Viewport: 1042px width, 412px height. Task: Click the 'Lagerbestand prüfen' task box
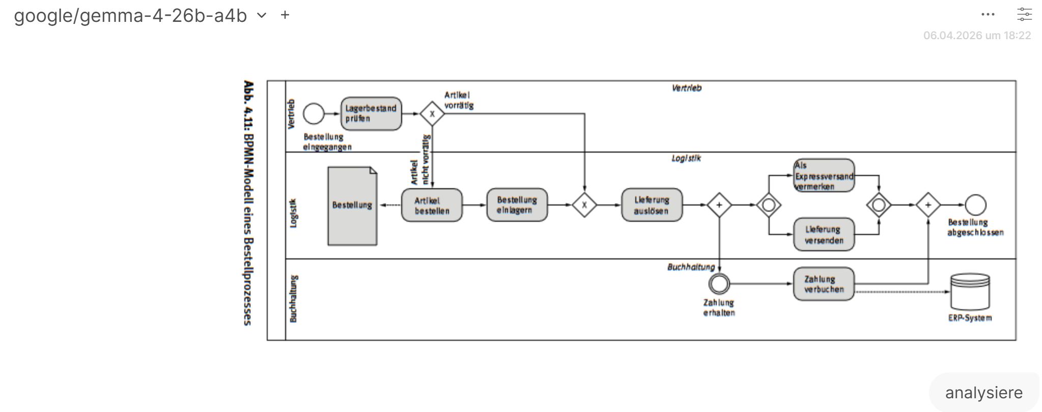tap(371, 113)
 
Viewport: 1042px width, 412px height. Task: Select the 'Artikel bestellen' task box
tap(432, 205)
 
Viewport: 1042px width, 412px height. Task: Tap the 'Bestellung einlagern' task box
tap(517, 205)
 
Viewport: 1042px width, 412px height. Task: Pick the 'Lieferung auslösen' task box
tap(652, 205)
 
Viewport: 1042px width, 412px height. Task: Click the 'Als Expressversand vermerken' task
tap(824, 175)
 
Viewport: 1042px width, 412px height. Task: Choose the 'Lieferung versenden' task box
tap(824, 234)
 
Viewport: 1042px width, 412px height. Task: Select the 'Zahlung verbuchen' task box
tap(824, 284)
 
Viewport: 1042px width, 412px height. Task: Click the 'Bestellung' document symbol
tap(352, 206)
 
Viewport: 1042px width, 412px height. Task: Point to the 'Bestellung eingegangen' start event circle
tap(314, 113)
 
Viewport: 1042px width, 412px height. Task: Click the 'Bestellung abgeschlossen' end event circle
tap(975, 205)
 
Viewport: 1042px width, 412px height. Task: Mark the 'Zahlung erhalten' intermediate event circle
tap(719, 284)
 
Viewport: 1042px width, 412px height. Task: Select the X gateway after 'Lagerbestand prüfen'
tap(432, 113)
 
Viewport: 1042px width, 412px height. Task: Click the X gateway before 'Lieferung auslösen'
tap(584, 205)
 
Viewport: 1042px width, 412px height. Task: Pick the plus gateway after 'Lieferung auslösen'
tap(719, 205)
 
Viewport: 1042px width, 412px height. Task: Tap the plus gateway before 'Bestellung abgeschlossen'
tap(927, 205)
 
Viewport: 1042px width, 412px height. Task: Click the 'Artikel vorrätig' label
tap(459, 100)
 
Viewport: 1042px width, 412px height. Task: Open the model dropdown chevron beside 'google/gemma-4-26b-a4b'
tap(262, 15)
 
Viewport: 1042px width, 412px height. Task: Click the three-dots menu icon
tap(988, 15)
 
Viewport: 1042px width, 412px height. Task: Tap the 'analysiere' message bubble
tap(983, 393)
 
